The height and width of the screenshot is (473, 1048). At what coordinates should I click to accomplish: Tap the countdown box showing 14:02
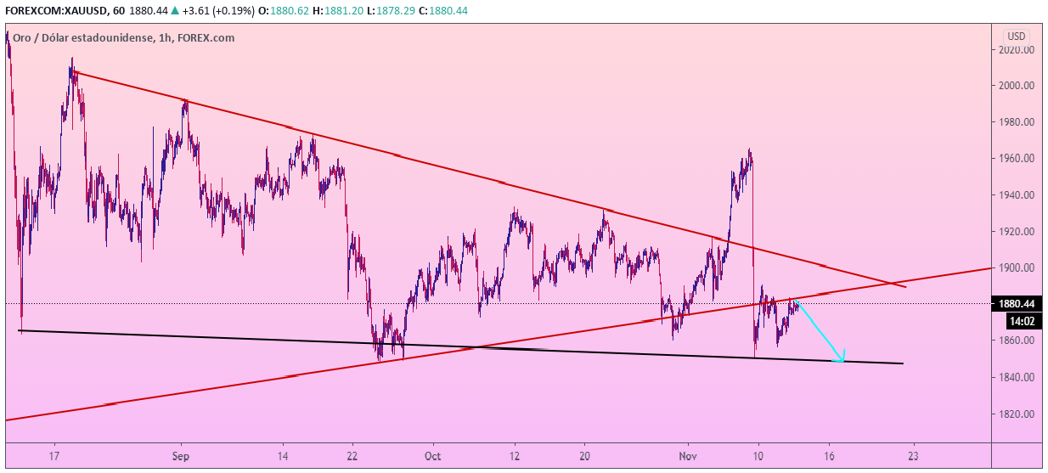point(1020,321)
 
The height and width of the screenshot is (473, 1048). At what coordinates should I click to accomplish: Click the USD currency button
point(1017,37)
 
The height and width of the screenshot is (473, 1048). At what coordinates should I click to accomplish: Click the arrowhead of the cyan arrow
point(842,360)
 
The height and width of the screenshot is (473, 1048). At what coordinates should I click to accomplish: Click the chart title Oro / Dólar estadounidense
point(82,37)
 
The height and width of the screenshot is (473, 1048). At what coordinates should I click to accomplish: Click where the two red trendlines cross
point(888,282)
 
